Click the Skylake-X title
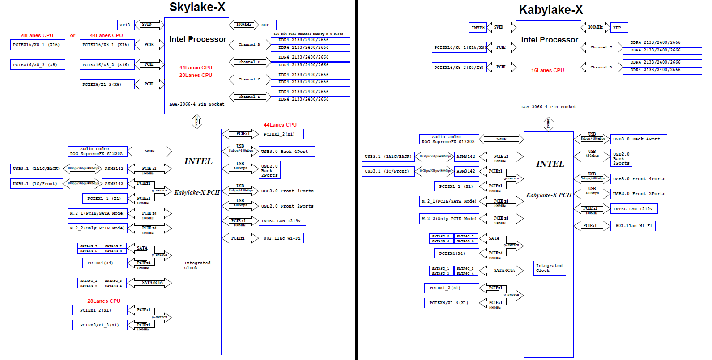(x=197, y=7)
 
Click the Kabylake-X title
(x=550, y=10)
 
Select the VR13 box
(x=125, y=25)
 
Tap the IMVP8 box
(x=478, y=28)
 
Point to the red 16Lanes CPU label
(x=547, y=70)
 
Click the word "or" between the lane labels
(x=72, y=36)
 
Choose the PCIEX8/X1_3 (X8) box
(x=107, y=84)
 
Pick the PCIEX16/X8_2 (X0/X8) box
(x=459, y=68)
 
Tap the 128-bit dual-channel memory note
(x=308, y=34)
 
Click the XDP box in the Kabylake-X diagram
(x=619, y=28)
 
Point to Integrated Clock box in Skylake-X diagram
(x=198, y=266)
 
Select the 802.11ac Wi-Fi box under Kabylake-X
(x=633, y=226)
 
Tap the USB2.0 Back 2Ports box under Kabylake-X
(x=621, y=158)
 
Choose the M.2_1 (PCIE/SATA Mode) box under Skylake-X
(x=98, y=213)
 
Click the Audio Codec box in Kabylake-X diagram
(x=449, y=140)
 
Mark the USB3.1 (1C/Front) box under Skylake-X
(x=36, y=183)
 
